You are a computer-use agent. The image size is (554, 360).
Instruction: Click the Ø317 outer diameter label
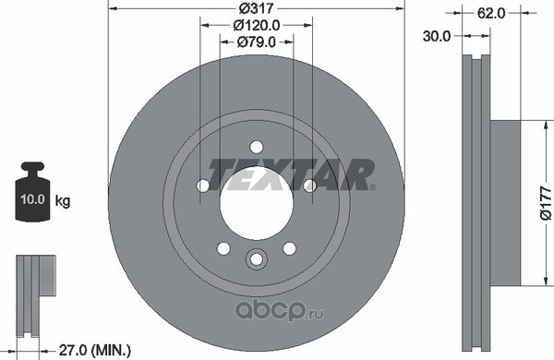click(x=256, y=7)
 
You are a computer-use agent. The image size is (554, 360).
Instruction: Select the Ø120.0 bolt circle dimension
click(x=257, y=25)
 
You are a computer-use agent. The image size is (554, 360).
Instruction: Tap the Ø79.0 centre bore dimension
click(x=257, y=42)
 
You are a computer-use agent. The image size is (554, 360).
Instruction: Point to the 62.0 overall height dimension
click(x=491, y=14)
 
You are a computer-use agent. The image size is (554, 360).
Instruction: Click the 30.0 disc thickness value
click(x=437, y=36)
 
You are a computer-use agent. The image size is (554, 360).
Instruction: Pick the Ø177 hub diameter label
click(x=546, y=203)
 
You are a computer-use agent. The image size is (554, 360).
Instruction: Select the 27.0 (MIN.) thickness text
click(x=95, y=351)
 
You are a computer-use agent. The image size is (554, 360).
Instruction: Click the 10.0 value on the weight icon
click(x=32, y=199)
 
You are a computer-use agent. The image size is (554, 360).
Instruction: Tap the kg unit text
click(x=63, y=201)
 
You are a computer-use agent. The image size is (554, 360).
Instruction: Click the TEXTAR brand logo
click(x=291, y=174)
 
